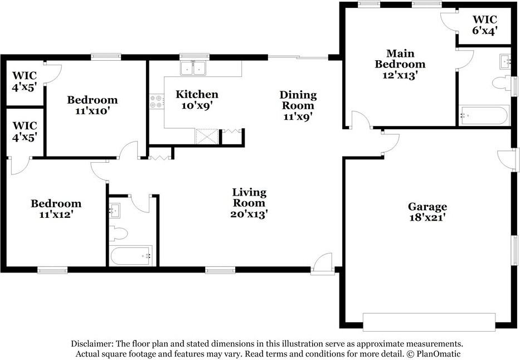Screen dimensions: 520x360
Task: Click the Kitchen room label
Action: (197, 95)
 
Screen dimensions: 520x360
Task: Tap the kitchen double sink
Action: (193, 69)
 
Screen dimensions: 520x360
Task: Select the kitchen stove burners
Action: (157, 101)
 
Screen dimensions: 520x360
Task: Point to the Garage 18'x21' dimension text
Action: (427, 217)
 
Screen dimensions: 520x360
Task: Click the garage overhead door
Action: (429, 322)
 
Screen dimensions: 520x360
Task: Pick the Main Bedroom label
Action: (400, 59)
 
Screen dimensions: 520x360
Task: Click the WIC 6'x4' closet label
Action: (485, 25)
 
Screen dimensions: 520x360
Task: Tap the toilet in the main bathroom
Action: (502, 83)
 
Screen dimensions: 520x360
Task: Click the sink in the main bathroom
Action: (505, 62)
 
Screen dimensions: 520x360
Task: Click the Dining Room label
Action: (298, 100)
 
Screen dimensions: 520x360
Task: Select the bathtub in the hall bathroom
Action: (132, 256)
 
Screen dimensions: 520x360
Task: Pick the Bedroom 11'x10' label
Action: (92, 105)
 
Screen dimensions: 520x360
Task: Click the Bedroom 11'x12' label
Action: (56, 209)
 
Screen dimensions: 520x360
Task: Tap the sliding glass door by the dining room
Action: (298, 57)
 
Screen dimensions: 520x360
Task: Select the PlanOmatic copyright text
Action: (434, 354)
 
